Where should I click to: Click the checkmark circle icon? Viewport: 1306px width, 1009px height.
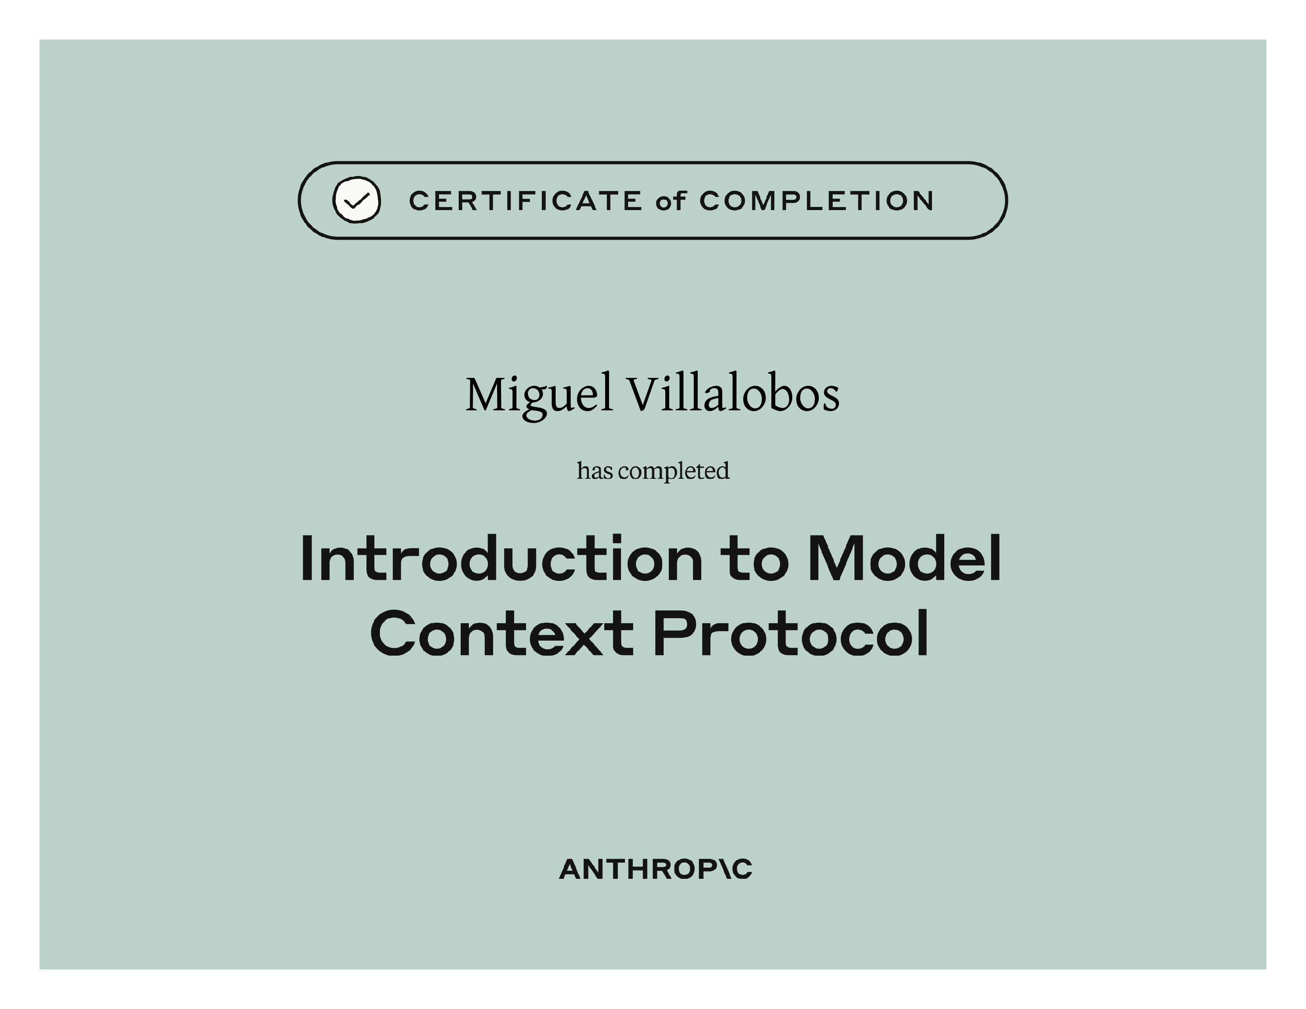357,200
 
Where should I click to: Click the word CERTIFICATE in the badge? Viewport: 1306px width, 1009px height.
526,201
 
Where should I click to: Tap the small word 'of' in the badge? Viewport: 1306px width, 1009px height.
670,201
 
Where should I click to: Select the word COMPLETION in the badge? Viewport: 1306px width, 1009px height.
816,201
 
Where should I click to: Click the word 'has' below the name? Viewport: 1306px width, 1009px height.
595,471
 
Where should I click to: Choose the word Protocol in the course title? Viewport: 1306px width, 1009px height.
791,632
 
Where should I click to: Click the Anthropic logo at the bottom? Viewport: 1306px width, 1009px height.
655,870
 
